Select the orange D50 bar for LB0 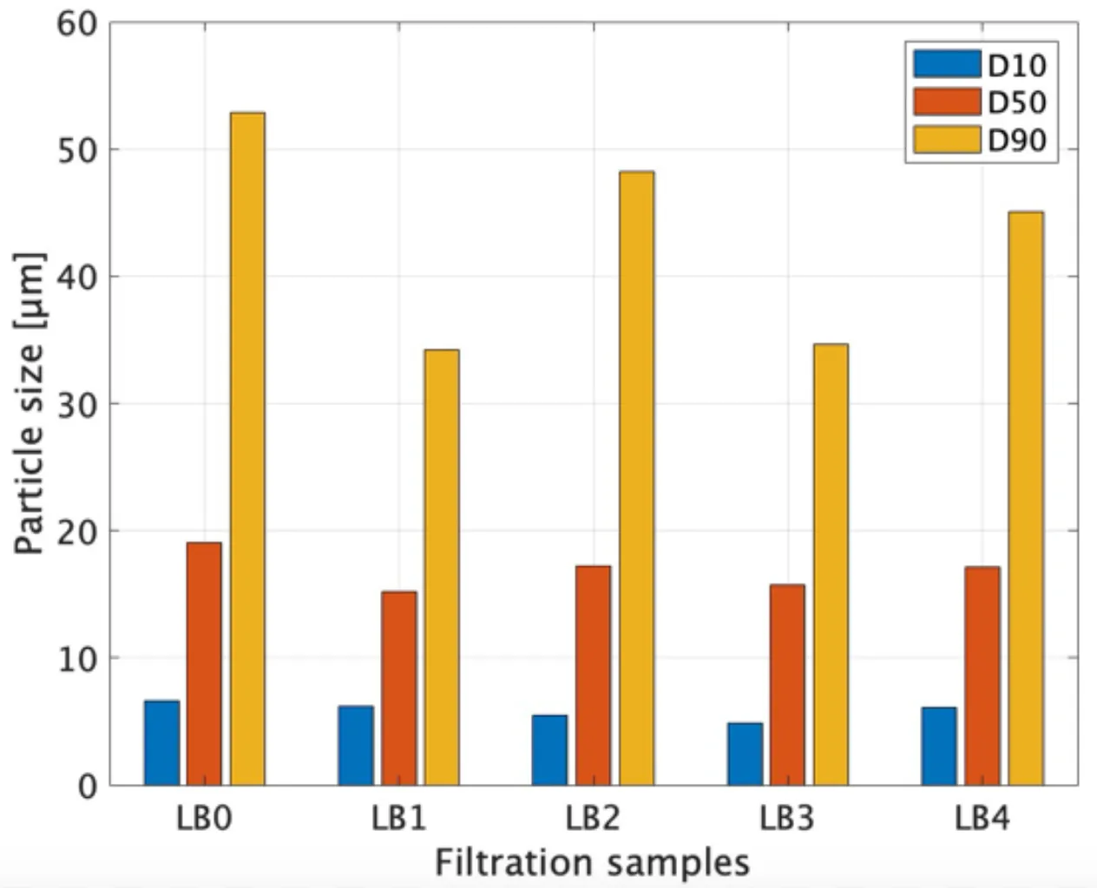204,663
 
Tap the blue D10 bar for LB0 161,743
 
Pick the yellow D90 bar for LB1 442,567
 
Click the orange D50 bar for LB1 398,689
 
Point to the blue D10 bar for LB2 549,750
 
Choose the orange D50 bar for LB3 787,685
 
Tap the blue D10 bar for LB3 745,754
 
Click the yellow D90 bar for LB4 1026,499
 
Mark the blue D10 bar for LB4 939,746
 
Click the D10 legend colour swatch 947,64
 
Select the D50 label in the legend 1017,102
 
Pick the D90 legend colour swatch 947,139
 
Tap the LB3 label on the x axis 787,818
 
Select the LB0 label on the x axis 204,818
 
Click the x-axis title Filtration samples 592,863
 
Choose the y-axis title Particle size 30,403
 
